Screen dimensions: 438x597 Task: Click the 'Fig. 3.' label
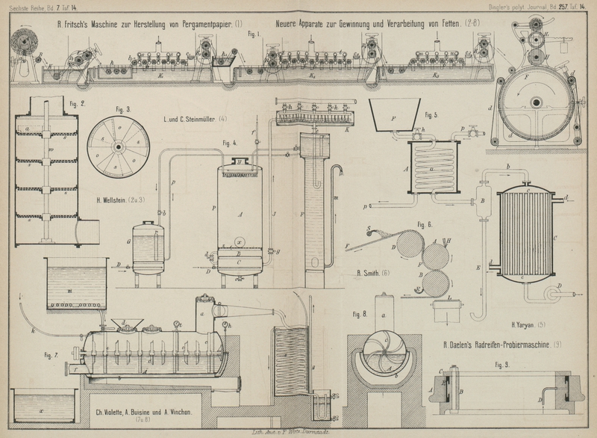point(123,109)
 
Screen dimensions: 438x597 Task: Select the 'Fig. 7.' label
point(51,353)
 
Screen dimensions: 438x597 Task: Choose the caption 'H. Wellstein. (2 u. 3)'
point(119,200)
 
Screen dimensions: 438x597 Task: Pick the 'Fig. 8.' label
point(359,314)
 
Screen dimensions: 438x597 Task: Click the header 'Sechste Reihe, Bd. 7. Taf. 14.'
point(37,6)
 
